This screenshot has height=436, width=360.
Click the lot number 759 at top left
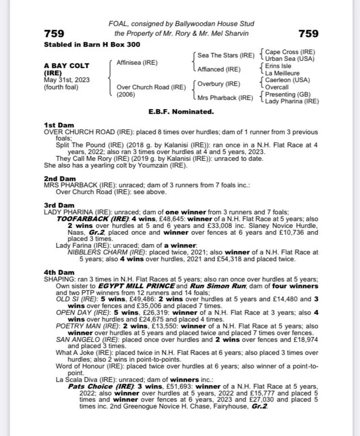[54, 34]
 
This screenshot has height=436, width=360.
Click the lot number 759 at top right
[308, 34]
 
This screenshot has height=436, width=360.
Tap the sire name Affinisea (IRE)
[137, 62]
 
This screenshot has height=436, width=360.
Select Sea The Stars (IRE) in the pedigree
[225, 55]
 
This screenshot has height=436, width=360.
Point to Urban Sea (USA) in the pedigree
[289, 59]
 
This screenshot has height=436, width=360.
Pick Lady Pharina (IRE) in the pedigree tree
[292, 101]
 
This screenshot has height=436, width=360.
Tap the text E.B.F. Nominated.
[181, 112]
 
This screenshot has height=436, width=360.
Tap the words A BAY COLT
[67, 66]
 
